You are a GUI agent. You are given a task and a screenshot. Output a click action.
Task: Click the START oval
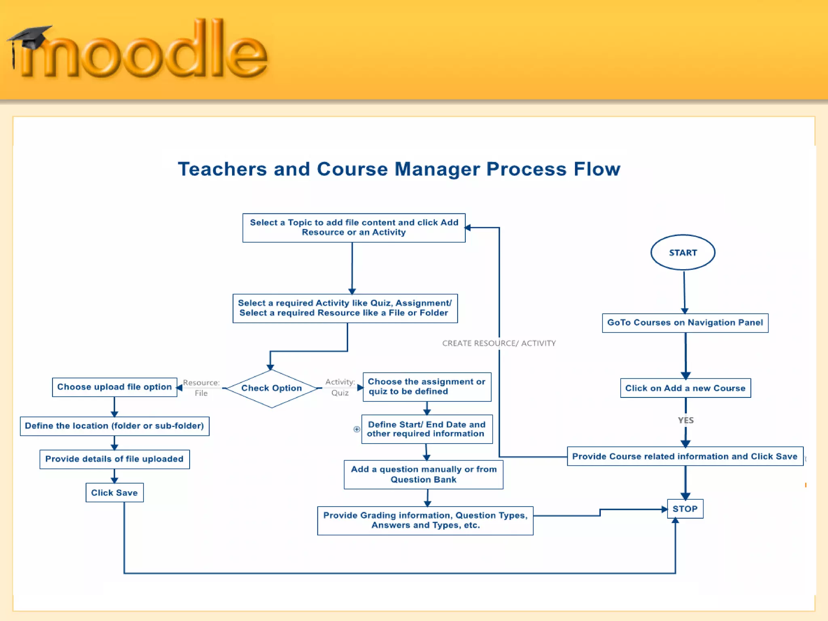(683, 253)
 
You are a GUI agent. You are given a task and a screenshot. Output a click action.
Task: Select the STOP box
(685, 509)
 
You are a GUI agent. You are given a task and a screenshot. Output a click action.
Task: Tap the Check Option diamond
(272, 388)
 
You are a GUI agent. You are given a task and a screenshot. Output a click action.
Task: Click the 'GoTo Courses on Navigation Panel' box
(685, 323)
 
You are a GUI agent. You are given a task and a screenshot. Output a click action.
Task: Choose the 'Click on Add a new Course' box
(685, 388)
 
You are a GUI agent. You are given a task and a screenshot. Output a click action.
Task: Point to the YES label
(686, 420)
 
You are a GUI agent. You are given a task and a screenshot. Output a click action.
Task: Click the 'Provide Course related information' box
(685, 456)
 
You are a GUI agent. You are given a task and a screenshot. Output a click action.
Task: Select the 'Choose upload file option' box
(114, 387)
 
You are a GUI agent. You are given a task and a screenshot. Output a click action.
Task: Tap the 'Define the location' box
(114, 426)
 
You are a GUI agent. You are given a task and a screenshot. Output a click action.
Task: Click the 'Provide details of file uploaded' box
(114, 459)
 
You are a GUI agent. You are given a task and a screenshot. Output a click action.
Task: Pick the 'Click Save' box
(114, 492)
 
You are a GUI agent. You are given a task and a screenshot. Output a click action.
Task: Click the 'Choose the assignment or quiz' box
(427, 387)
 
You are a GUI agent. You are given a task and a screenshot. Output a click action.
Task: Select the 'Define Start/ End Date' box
(427, 429)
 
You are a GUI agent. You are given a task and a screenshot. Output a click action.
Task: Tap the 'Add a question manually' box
(423, 474)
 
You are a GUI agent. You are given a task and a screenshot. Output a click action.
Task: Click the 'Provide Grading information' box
(425, 520)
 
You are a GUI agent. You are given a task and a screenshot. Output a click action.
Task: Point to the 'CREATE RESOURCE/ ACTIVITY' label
(499, 343)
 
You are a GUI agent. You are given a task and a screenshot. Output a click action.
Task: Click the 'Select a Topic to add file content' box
(354, 228)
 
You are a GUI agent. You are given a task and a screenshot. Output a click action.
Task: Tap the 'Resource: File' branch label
(201, 388)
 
